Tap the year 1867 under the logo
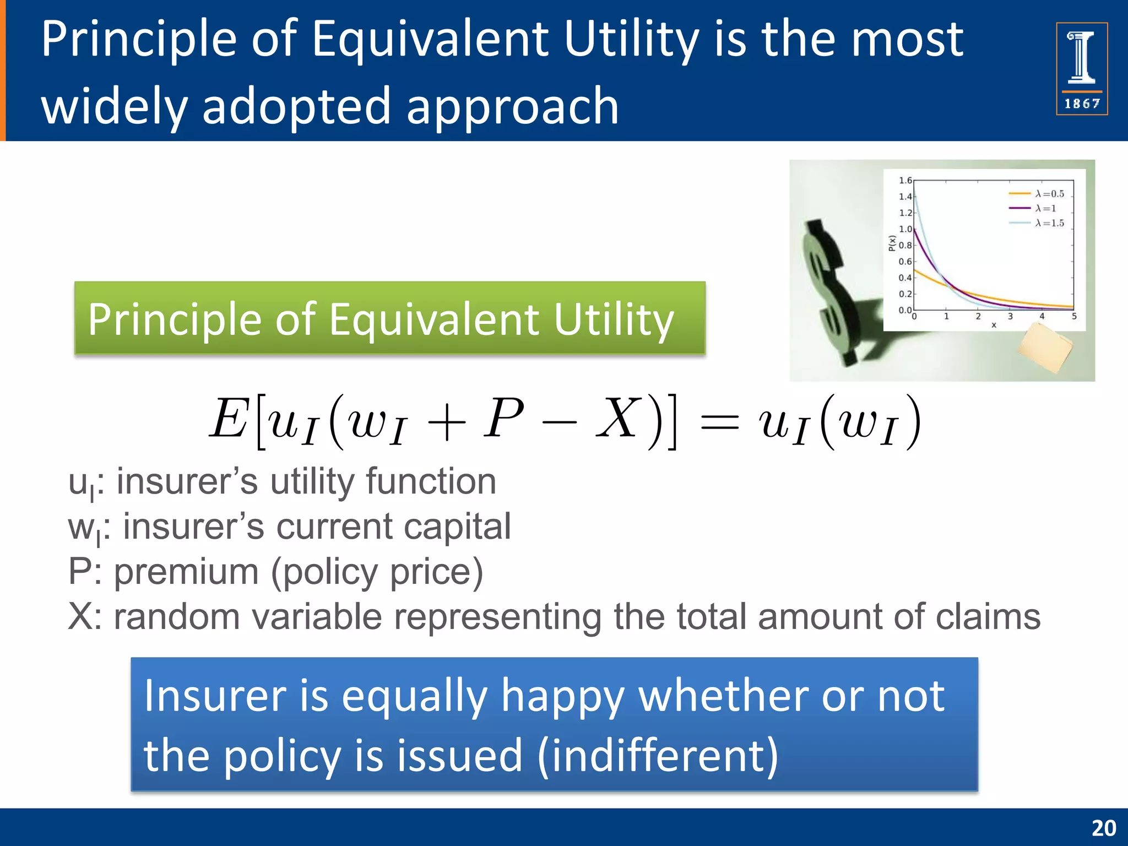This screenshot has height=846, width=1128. tap(1082, 104)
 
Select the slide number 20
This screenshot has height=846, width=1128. tap(1103, 828)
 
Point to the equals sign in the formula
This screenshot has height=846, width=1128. tap(718, 423)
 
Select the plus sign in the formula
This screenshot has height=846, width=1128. tap(446, 423)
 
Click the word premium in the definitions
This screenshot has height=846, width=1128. tap(186, 572)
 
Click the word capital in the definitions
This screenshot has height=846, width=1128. tap(457, 527)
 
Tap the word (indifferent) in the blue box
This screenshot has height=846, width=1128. tap(658, 756)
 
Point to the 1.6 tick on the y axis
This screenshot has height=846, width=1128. tap(905, 181)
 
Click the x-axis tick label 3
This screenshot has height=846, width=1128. tap(1010, 317)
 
